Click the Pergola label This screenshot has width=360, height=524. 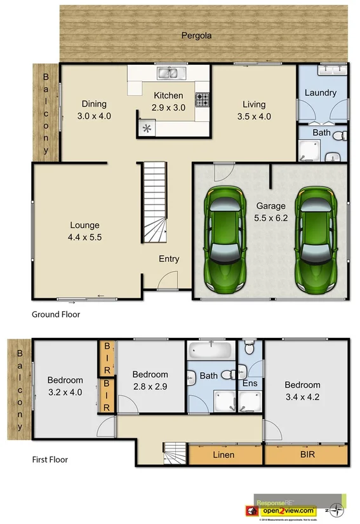[196, 36]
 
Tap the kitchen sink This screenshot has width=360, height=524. [168, 72]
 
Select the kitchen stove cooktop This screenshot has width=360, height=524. [203, 100]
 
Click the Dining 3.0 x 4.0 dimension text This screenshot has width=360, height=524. [93, 116]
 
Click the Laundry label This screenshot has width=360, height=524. [320, 93]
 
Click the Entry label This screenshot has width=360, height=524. [169, 259]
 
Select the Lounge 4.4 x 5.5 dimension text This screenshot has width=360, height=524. [84, 236]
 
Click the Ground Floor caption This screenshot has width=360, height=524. [56, 314]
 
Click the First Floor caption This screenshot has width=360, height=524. [50, 459]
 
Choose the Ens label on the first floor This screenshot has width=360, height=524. [250, 384]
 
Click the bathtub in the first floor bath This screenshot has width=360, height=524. [210, 351]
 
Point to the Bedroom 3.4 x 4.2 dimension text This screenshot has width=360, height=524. [302, 396]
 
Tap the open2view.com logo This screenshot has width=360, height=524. [289, 511]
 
